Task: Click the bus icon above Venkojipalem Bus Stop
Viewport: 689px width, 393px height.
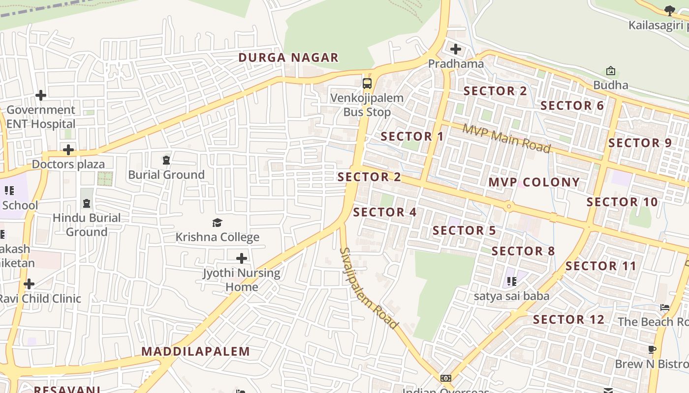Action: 367,83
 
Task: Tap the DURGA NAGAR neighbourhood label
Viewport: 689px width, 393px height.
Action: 288,57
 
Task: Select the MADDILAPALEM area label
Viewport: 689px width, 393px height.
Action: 196,351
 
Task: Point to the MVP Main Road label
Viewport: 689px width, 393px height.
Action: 506,139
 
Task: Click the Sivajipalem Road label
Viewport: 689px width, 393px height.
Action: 368,288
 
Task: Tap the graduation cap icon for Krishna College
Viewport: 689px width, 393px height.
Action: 217,223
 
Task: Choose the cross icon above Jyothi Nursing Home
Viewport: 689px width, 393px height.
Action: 242,258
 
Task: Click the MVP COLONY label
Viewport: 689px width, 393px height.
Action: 534,182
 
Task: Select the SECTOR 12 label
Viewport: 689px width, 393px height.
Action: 568,319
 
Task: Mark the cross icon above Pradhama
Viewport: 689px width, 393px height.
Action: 456,49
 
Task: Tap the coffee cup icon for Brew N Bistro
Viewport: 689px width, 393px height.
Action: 652,350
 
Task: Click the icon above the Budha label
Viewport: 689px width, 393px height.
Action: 611,71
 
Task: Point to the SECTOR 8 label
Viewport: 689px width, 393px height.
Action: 523,251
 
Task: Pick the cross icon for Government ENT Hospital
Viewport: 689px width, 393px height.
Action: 41,95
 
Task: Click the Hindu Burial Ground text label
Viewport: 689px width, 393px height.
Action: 87,225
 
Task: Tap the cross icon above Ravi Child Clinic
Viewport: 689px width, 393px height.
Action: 29,284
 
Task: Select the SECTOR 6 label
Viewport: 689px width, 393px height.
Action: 572,106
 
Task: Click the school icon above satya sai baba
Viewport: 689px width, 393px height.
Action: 511,281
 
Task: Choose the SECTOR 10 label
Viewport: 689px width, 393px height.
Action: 622,202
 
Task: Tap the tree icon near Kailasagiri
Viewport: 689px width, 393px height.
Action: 669,10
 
